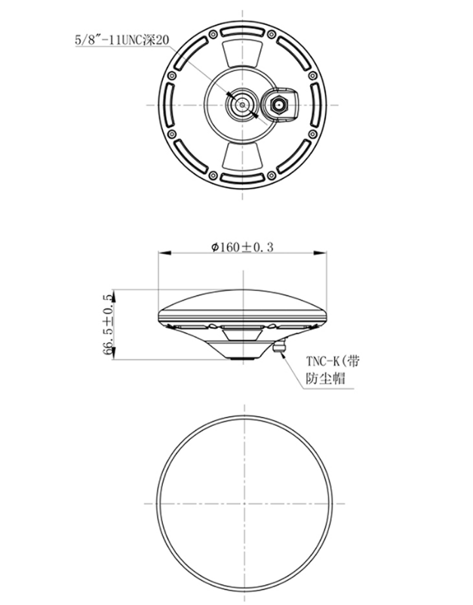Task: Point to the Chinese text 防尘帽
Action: pos(325,379)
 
